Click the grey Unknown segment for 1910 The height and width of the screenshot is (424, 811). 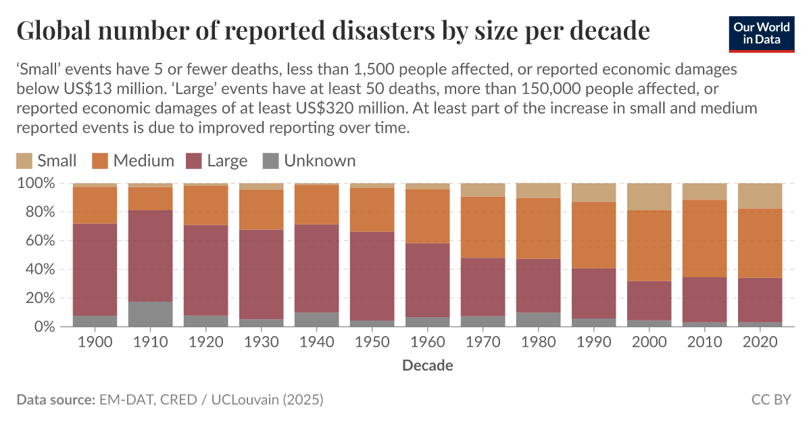150,314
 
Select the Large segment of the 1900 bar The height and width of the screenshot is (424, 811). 95,270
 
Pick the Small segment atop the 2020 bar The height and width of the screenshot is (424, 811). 760,195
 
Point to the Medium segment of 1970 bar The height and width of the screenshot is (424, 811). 483,227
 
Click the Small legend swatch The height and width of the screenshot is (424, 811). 24,161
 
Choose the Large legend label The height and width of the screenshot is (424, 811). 227,161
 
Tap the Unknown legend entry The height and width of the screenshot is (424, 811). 319,161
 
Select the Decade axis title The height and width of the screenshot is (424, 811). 427,366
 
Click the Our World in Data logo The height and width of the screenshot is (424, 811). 761,32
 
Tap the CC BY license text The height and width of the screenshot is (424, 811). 770,400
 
